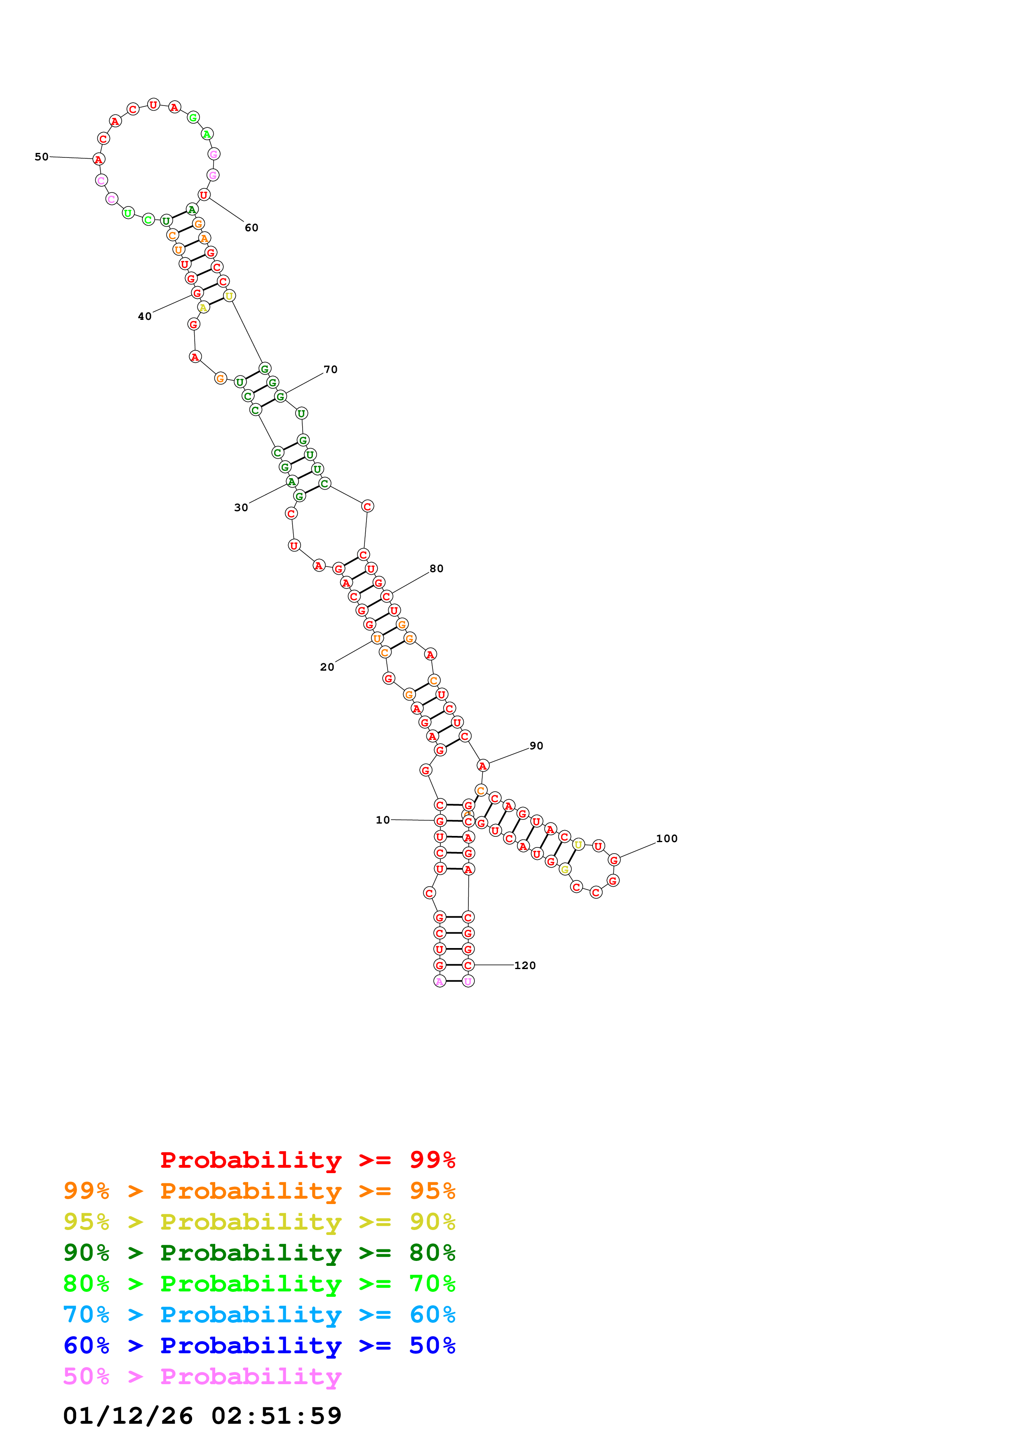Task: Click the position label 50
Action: [x=42, y=157]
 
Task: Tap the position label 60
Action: [x=251, y=228]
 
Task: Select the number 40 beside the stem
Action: [x=145, y=317]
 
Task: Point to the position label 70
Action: [x=331, y=370]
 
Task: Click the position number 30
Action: [x=241, y=507]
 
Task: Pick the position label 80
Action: [x=437, y=569]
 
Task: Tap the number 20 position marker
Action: [x=327, y=667]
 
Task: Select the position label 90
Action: [x=536, y=746]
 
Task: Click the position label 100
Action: [x=667, y=838]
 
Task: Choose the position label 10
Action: [x=383, y=820]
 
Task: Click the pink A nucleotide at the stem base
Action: [x=439, y=981]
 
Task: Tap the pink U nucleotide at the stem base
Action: [x=468, y=981]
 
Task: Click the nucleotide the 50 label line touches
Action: [x=98, y=160]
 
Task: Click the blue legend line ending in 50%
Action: [x=259, y=1345]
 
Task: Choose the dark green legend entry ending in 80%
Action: [x=259, y=1253]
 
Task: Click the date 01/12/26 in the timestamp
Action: [x=128, y=1416]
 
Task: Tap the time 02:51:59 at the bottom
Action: [x=277, y=1416]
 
